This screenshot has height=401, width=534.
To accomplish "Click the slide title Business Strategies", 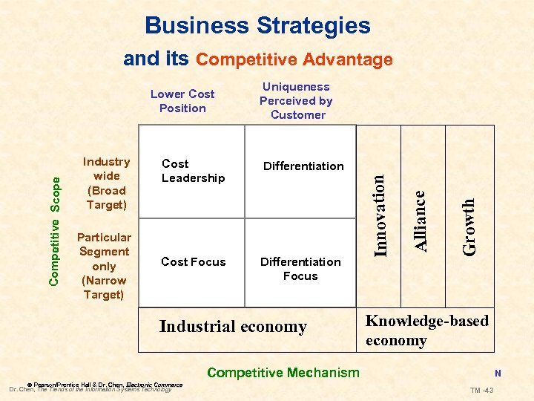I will pyautogui.click(x=257, y=25).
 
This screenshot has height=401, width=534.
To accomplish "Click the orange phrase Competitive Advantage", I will pyautogui.click(x=294, y=59).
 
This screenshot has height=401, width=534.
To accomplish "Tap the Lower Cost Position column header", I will pyautogui.click(x=182, y=101).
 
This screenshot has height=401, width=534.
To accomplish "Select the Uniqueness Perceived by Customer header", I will pyautogui.click(x=297, y=101).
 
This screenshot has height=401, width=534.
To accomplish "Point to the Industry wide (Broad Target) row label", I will pyautogui.click(x=106, y=183).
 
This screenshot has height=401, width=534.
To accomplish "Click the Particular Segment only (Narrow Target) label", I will pyautogui.click(x=104, y=266).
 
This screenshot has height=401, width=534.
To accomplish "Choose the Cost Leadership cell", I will pyautogui.click(x=193, y=171).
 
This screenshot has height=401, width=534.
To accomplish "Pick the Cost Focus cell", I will pyautogui.click(x=193, y=261).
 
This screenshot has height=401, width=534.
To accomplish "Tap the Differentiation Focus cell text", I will pyautogui.click(x=300, y=269).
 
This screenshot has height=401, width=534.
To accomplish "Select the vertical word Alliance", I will pyautogui.click(x=421, y=220).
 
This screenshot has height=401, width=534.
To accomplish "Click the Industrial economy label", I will pyautogui.click(x=233, y=327).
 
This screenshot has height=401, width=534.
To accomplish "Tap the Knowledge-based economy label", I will pyautogui.click(x=426, y=331).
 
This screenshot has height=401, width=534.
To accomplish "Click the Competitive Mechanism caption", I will pyautogui.click(x=283, y=373).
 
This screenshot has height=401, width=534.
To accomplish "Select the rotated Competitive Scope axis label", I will pyautogui.click(x=54, y=230).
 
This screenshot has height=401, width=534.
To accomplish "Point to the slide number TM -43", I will pyautogui.click(x=485, y=391).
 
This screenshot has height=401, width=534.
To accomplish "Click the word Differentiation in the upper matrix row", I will pyautogui.click(x=303, y=166).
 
